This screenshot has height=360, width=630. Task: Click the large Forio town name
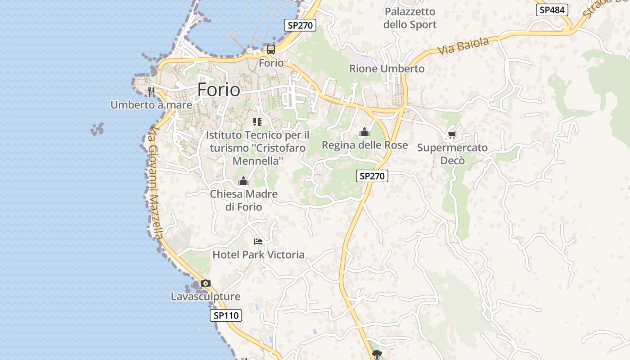pos(219,90)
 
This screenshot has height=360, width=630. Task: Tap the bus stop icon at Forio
pos(270,49)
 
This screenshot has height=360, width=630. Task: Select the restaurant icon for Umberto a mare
pos(151,92)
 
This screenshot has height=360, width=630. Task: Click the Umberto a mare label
pos(151,105)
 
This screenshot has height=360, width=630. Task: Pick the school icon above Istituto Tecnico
pos(257,121)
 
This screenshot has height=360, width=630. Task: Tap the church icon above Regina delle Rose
pos(364,132)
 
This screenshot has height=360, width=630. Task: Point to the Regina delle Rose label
pos(364,145)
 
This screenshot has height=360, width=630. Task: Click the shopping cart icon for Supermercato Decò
pos(452,135)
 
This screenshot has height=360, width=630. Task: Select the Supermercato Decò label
pos(452,154)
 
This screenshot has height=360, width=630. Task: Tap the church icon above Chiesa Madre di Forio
pos(243,181)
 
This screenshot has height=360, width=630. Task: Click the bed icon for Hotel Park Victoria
pos(258,242)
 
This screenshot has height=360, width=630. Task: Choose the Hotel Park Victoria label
pos(258,255)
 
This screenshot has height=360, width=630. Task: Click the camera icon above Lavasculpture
pos(206,283)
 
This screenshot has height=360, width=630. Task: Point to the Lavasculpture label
pos(206,297)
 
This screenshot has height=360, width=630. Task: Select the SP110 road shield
pos(226,315)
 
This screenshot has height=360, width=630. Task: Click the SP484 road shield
pos(552,10)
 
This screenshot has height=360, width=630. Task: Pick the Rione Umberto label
pos(387,69)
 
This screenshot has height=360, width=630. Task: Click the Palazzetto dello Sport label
pos(410,18)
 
